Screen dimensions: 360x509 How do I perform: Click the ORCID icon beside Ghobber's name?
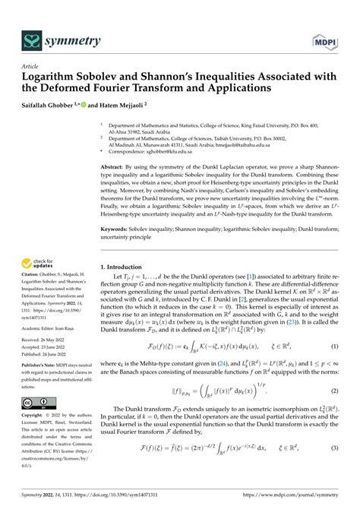tap(90, 103)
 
